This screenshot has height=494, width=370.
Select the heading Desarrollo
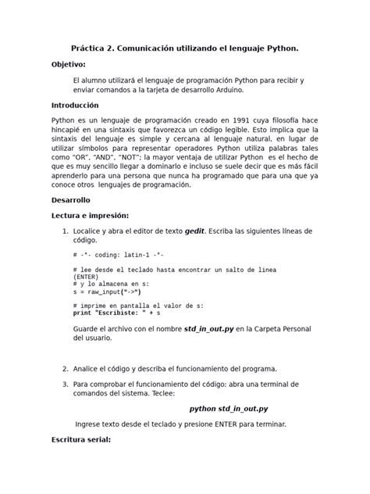pos(70,199)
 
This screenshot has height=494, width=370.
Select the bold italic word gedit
pos(195,231)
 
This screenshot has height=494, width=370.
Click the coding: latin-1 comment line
pos(119,256)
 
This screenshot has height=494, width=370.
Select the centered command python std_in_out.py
pos(229,408)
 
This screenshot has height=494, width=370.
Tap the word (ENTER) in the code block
pos(87,276)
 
